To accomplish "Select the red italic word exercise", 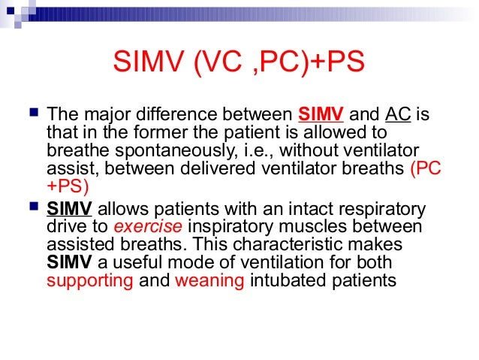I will point(155,227).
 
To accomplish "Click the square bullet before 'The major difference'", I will point(31,115).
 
